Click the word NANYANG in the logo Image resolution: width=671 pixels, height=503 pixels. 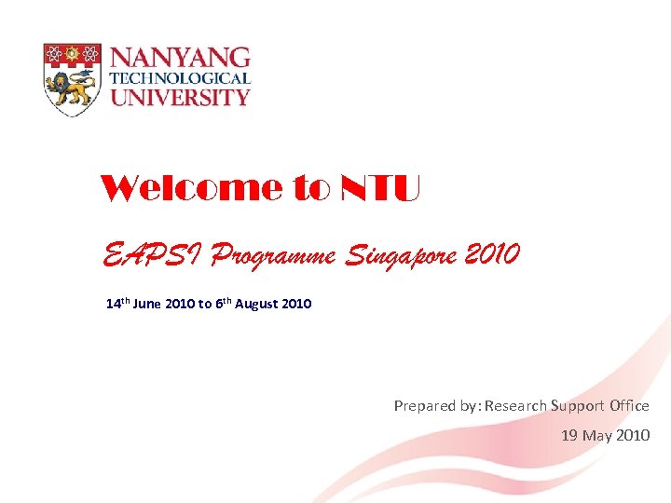(180, 58)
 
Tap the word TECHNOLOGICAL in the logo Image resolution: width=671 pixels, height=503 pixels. (180, 78)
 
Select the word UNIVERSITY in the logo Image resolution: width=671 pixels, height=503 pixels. (180, 96)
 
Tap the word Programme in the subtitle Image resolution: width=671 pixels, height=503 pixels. (275, 253)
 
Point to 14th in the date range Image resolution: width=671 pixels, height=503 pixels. (118, 304)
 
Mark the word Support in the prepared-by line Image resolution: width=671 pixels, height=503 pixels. (578, 405)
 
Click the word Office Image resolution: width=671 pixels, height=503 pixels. (629, 405)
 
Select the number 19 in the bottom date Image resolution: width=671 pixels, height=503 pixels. (570, 435)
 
